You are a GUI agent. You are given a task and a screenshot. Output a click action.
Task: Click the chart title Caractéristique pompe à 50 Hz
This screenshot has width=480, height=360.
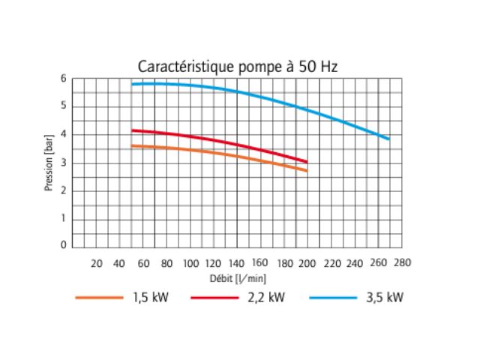click(238, 66)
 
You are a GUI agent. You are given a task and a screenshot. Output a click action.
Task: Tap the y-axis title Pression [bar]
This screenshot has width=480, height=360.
click(49, 163)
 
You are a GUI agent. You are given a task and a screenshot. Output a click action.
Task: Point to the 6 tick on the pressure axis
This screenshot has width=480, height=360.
click(64, 79)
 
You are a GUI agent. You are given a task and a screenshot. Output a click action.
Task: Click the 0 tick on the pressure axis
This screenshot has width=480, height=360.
click(64, 245)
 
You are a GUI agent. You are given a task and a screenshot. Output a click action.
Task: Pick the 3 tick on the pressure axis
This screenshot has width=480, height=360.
click(64, 162)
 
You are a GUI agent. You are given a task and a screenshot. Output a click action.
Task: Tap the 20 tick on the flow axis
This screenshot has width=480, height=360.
click(96, 263)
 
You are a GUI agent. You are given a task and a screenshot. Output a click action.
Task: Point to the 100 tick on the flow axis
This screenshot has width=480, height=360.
click(190, 263)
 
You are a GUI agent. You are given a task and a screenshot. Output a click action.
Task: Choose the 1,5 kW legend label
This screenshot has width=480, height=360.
click(150, 298)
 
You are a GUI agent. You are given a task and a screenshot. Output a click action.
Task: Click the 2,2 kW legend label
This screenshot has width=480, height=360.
click(266, 298)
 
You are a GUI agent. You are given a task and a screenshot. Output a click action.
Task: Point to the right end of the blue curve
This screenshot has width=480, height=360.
click(388, 139)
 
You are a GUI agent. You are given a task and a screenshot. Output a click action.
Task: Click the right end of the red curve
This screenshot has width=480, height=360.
click(307, 161)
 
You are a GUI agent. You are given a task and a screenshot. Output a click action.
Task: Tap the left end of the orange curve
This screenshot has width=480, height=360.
click(132, 145)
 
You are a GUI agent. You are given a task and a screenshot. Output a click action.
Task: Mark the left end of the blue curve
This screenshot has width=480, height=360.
click(132, 84)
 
